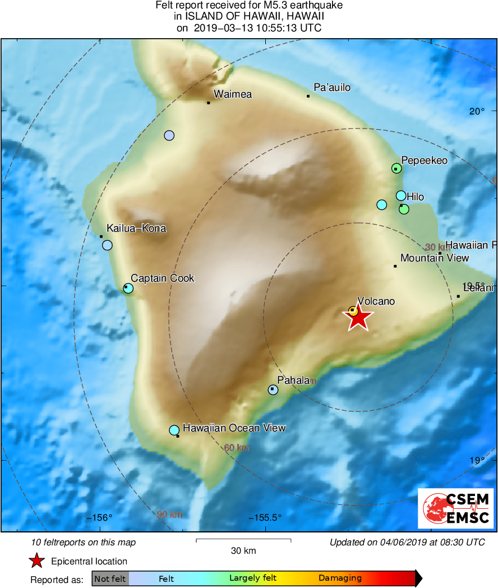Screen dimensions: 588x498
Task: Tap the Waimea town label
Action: (x=233, y=94)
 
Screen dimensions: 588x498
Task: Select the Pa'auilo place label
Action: (x=332, y=88)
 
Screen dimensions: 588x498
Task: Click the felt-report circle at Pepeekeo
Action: (x=396, y=168)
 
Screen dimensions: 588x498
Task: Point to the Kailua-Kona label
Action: (x=136, y=228)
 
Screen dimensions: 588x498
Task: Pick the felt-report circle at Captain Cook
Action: (x=128, y=288)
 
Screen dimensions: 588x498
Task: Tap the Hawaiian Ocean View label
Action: (x=234, y=428)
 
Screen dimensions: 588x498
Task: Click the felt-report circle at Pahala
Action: (x=273, y=389)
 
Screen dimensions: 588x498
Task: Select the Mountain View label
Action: (x=435, y=258)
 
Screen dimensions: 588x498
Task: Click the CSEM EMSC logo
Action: (x=455, y=508)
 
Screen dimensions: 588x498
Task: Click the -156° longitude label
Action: (x=100, y=517)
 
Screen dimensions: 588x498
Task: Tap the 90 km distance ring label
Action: (x=169, y=514)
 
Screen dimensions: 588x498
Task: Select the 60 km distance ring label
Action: (x=236, y=448)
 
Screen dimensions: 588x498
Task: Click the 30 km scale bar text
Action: (x=243, y=551)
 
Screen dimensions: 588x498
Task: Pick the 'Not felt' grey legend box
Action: (x=110, y=578)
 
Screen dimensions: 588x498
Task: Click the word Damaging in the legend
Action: (x=340, y=578)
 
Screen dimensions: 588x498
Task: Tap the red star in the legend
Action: (x=36, y=561)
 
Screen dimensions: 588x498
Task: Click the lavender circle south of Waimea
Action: (x=169, y=135)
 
